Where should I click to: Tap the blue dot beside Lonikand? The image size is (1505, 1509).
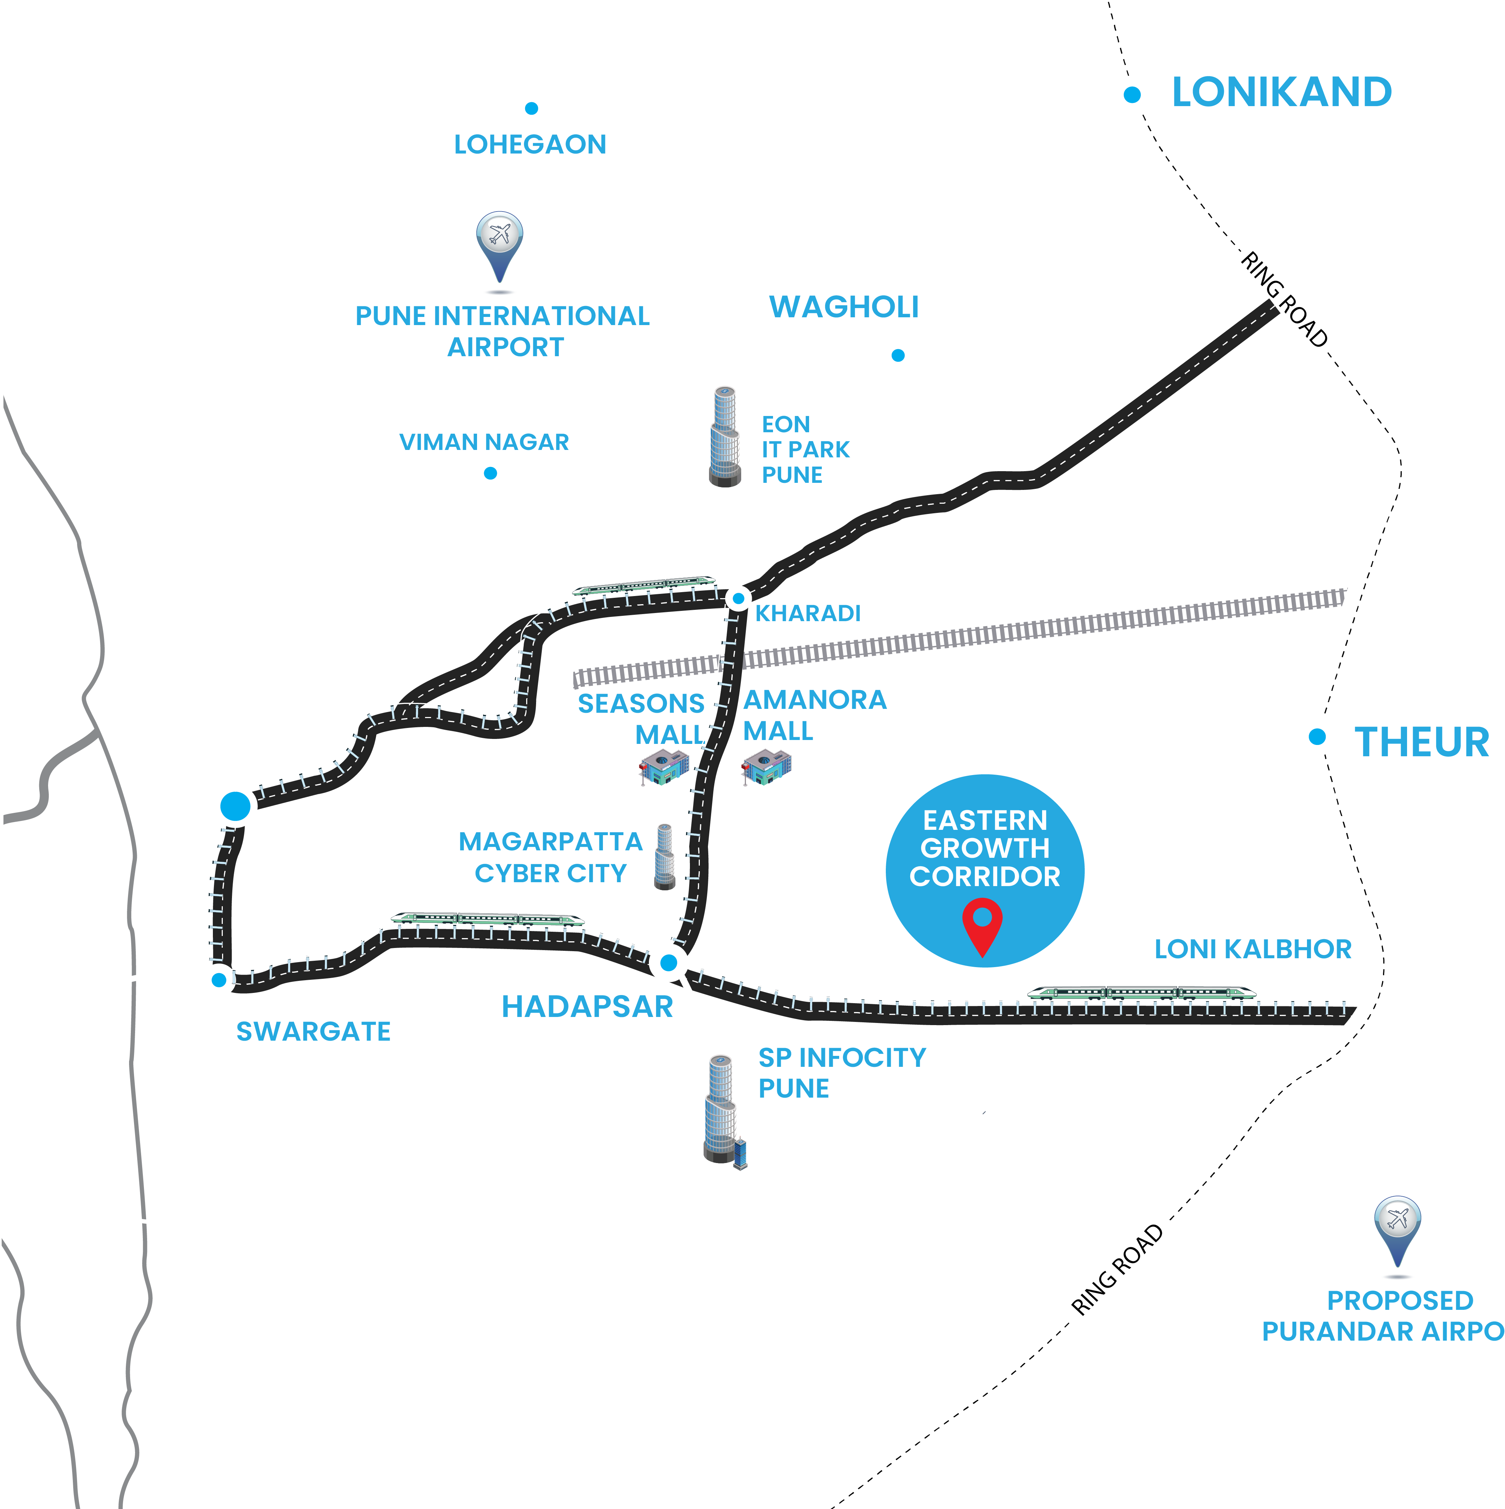1132,95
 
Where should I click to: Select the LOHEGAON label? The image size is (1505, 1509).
530,144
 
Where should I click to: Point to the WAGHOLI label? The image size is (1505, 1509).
844,307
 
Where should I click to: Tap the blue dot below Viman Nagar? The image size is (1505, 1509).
490,473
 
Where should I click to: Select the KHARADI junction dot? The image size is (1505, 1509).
738,599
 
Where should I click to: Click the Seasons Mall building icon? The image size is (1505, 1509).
664,767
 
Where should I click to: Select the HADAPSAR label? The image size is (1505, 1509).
587,1007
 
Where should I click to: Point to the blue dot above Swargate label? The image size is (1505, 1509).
220,979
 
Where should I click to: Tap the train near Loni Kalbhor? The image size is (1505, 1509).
1142,993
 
